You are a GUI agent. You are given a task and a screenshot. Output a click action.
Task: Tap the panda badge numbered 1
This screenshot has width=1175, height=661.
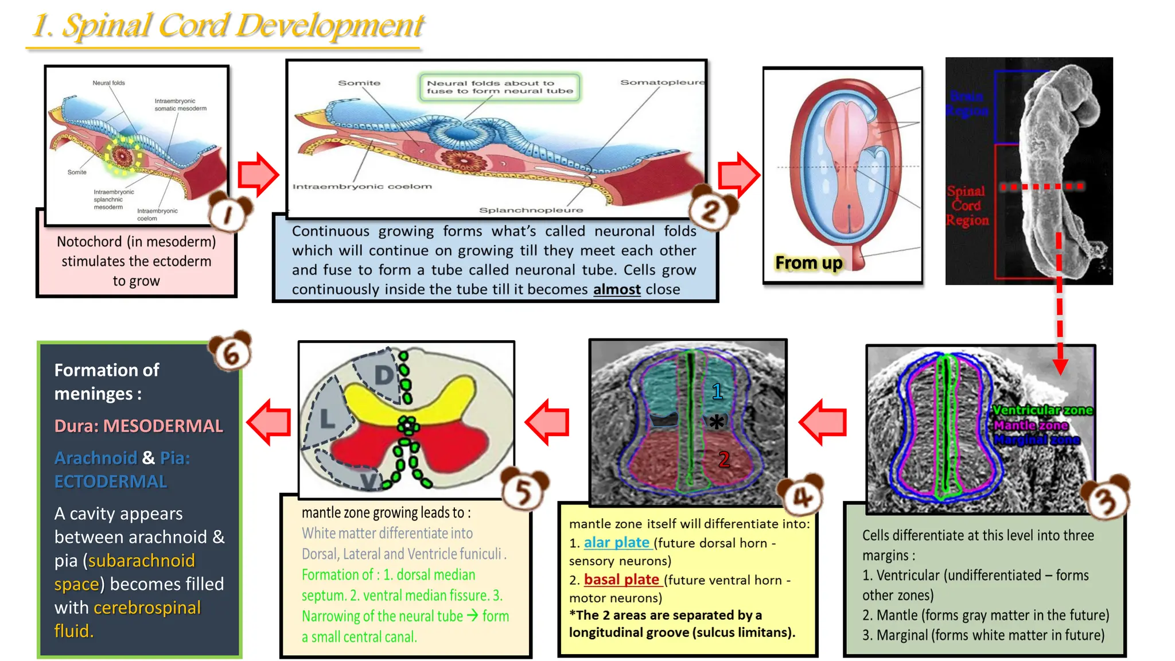click(229, 213)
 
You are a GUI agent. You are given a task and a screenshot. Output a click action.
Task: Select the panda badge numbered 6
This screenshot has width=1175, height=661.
click(231, 351)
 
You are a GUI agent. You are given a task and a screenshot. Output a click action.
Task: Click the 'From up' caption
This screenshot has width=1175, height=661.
click(808, 263)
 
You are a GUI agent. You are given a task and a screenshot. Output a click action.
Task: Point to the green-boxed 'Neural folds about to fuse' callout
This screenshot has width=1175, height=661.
click(500, 87)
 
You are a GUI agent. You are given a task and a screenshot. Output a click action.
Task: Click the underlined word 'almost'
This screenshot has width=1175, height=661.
click(617, 289)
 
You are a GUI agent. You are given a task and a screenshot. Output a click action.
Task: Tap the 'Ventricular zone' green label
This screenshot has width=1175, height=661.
click(1042, 410)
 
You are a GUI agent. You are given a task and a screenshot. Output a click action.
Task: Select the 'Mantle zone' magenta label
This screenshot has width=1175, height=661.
click(1031, 425)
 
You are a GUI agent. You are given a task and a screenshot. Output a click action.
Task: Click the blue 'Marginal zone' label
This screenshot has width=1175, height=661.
click(1037, 440)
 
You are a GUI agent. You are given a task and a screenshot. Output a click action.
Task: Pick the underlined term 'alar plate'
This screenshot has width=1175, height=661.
click(617, 542)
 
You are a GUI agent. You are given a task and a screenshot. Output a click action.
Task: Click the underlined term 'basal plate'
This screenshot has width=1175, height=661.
click(621, 580)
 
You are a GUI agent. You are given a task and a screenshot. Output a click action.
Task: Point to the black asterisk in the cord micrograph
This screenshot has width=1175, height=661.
click(716, 422)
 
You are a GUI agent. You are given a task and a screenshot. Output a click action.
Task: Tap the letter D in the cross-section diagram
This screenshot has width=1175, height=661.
click(384, 376)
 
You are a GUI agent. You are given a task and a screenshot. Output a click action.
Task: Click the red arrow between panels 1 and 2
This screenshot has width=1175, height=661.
click(258, 174)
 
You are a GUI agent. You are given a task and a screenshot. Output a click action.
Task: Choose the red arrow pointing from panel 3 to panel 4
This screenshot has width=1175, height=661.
click(823, 422)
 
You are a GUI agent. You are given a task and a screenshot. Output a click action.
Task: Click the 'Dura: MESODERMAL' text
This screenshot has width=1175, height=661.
click(138, 426)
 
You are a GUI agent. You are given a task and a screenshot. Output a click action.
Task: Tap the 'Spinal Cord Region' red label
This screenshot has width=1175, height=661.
click(967, 205)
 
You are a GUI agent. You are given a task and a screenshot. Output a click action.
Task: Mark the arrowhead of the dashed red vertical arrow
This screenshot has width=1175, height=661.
click(1060, 367)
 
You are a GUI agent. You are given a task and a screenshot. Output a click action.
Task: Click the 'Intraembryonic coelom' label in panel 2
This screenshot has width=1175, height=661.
click(362, 186)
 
